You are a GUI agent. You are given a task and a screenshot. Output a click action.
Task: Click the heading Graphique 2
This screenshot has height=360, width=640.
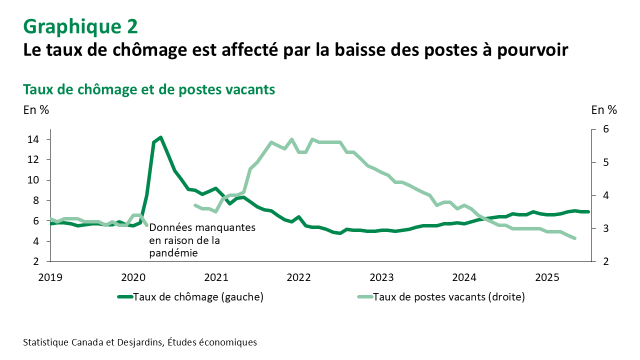tap(80, 26)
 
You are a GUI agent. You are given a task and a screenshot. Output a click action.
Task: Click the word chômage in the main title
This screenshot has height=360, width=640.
tap(139, 50)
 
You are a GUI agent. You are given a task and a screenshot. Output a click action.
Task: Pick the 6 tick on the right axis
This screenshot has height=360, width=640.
tap(605, 129)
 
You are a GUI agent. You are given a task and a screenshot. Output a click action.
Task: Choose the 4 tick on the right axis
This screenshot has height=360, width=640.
tap(605, 195)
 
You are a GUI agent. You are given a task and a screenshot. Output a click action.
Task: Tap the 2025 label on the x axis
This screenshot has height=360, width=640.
tap(547, 277)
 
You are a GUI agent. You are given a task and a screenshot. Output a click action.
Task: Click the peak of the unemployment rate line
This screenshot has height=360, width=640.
tap(160, 137)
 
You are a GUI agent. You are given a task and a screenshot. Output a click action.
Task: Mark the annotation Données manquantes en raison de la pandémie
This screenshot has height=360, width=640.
tap(202, 240)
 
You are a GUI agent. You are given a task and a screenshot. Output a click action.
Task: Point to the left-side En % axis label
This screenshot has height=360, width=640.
tap(36, 110)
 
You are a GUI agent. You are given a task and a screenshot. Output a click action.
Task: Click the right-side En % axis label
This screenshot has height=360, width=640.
tap(604, 110)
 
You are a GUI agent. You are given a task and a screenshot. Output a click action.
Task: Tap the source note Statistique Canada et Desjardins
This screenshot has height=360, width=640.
tap(139, 342)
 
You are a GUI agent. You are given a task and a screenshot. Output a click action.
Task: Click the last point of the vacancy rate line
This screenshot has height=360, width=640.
tap(575, 238)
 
